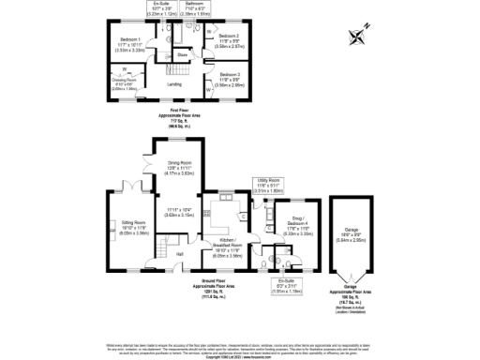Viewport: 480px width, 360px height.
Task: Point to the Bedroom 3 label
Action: [x=231, y=78]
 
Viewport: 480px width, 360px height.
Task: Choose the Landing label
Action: [x=174, y=84]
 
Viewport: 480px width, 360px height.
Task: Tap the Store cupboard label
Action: [x=183, y=56]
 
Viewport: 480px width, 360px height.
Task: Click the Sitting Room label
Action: [x=128, y=227]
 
